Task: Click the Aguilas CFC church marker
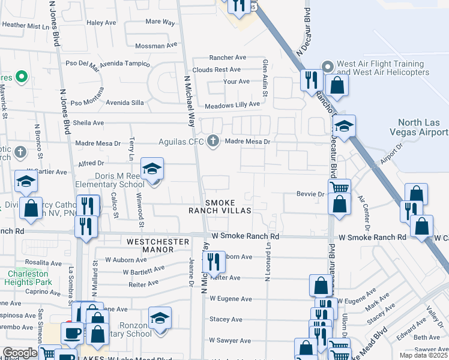[212, 142]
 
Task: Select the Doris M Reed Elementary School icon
[152, 170]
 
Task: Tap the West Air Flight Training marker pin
[328, 66]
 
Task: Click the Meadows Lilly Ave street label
[232, 104]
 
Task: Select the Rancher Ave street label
[228, 58]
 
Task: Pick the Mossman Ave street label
[157, 45]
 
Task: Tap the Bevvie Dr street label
[310, 194]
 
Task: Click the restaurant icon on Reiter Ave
[214, 262]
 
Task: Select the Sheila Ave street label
[89, 122]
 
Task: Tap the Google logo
[20, 353]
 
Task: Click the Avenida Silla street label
[125, 103]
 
